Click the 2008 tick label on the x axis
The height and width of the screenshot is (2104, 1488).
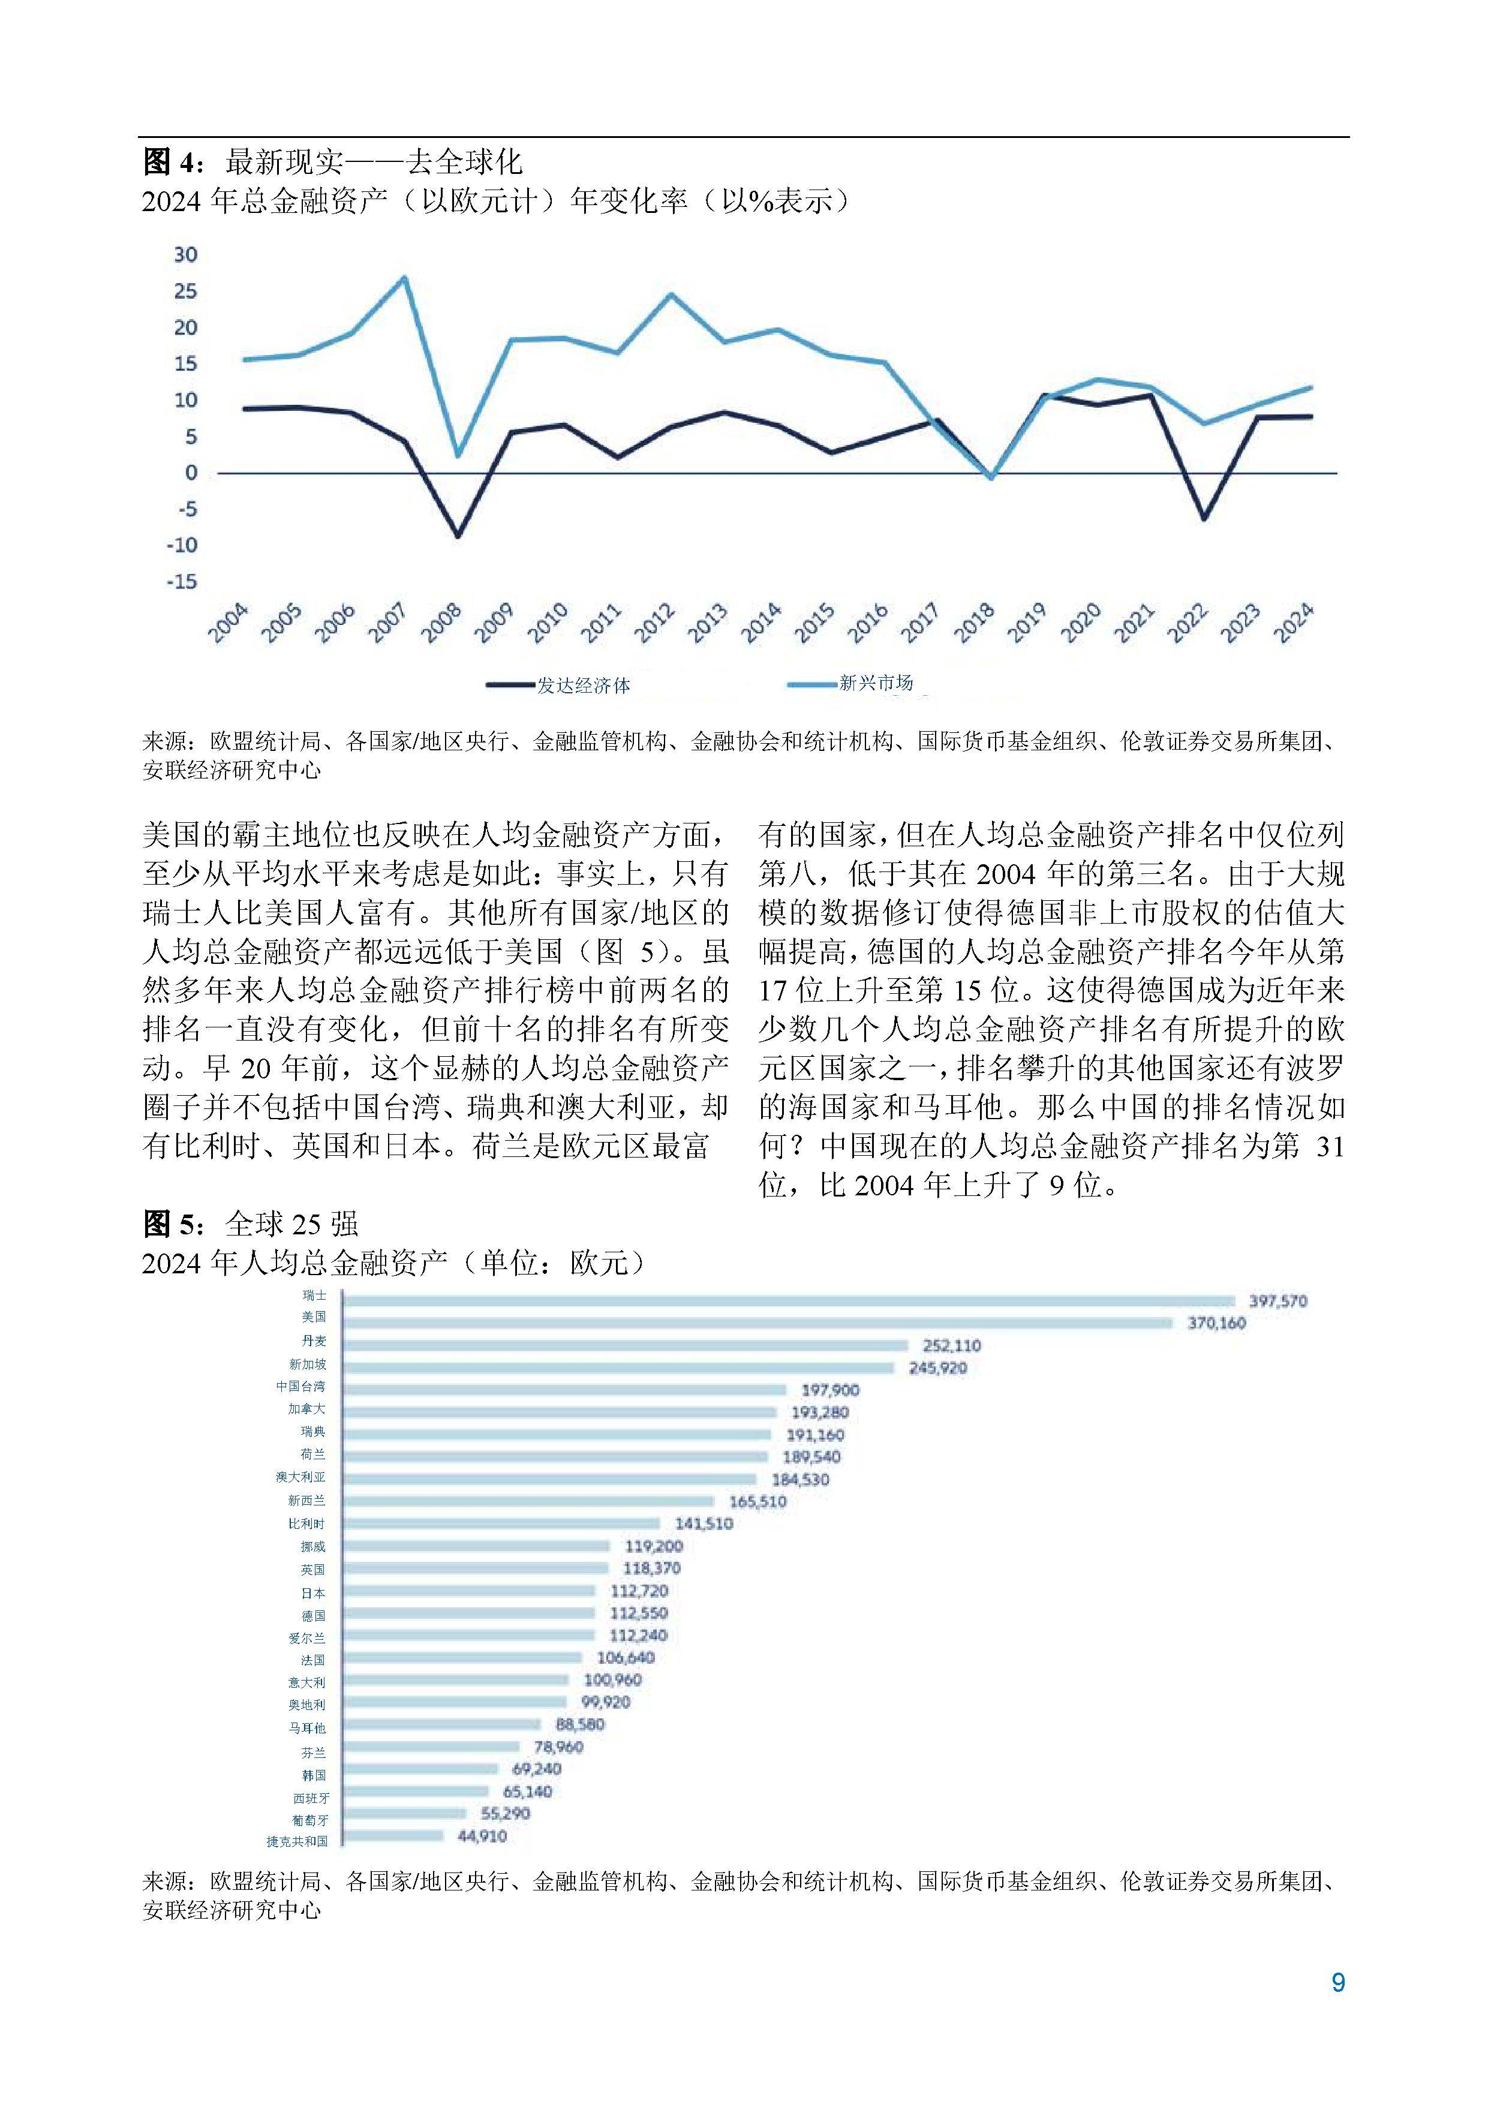(441, 623)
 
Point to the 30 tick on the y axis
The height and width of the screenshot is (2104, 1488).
(186, 255)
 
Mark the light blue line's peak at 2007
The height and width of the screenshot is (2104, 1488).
(405, 278)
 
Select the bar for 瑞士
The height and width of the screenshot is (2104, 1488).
(788, 1300)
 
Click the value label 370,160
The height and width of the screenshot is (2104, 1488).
(1216, 1323)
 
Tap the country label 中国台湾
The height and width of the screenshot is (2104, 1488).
(300, 1387)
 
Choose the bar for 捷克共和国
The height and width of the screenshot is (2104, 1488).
(393, 1837)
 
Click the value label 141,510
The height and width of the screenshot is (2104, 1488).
(704, 1524)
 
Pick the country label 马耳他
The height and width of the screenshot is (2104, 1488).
(307, 1727)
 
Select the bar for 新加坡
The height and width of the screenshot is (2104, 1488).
(618, 1367)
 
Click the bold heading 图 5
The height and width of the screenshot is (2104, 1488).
(170, 1224)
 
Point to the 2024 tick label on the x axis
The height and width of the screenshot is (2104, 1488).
(1295, 623)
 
